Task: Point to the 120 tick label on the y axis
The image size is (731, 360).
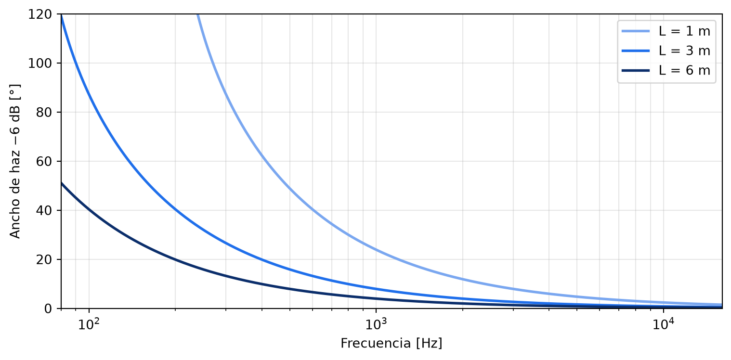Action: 40,14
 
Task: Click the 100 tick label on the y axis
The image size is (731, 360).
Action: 40,63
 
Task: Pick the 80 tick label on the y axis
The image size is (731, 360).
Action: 44,113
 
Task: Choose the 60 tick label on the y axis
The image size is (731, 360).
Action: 44,161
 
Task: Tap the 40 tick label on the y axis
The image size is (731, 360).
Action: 44,210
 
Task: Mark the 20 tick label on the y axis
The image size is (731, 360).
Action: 44,259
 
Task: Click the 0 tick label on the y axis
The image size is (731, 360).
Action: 48,309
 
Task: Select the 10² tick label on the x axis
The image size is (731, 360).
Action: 89,324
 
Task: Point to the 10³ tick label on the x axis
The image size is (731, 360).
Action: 376,324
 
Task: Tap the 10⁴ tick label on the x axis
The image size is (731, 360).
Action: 664,324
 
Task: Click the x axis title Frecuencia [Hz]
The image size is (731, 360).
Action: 392,343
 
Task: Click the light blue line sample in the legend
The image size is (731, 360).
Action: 636,31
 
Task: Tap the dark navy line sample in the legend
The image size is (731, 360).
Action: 636,70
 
